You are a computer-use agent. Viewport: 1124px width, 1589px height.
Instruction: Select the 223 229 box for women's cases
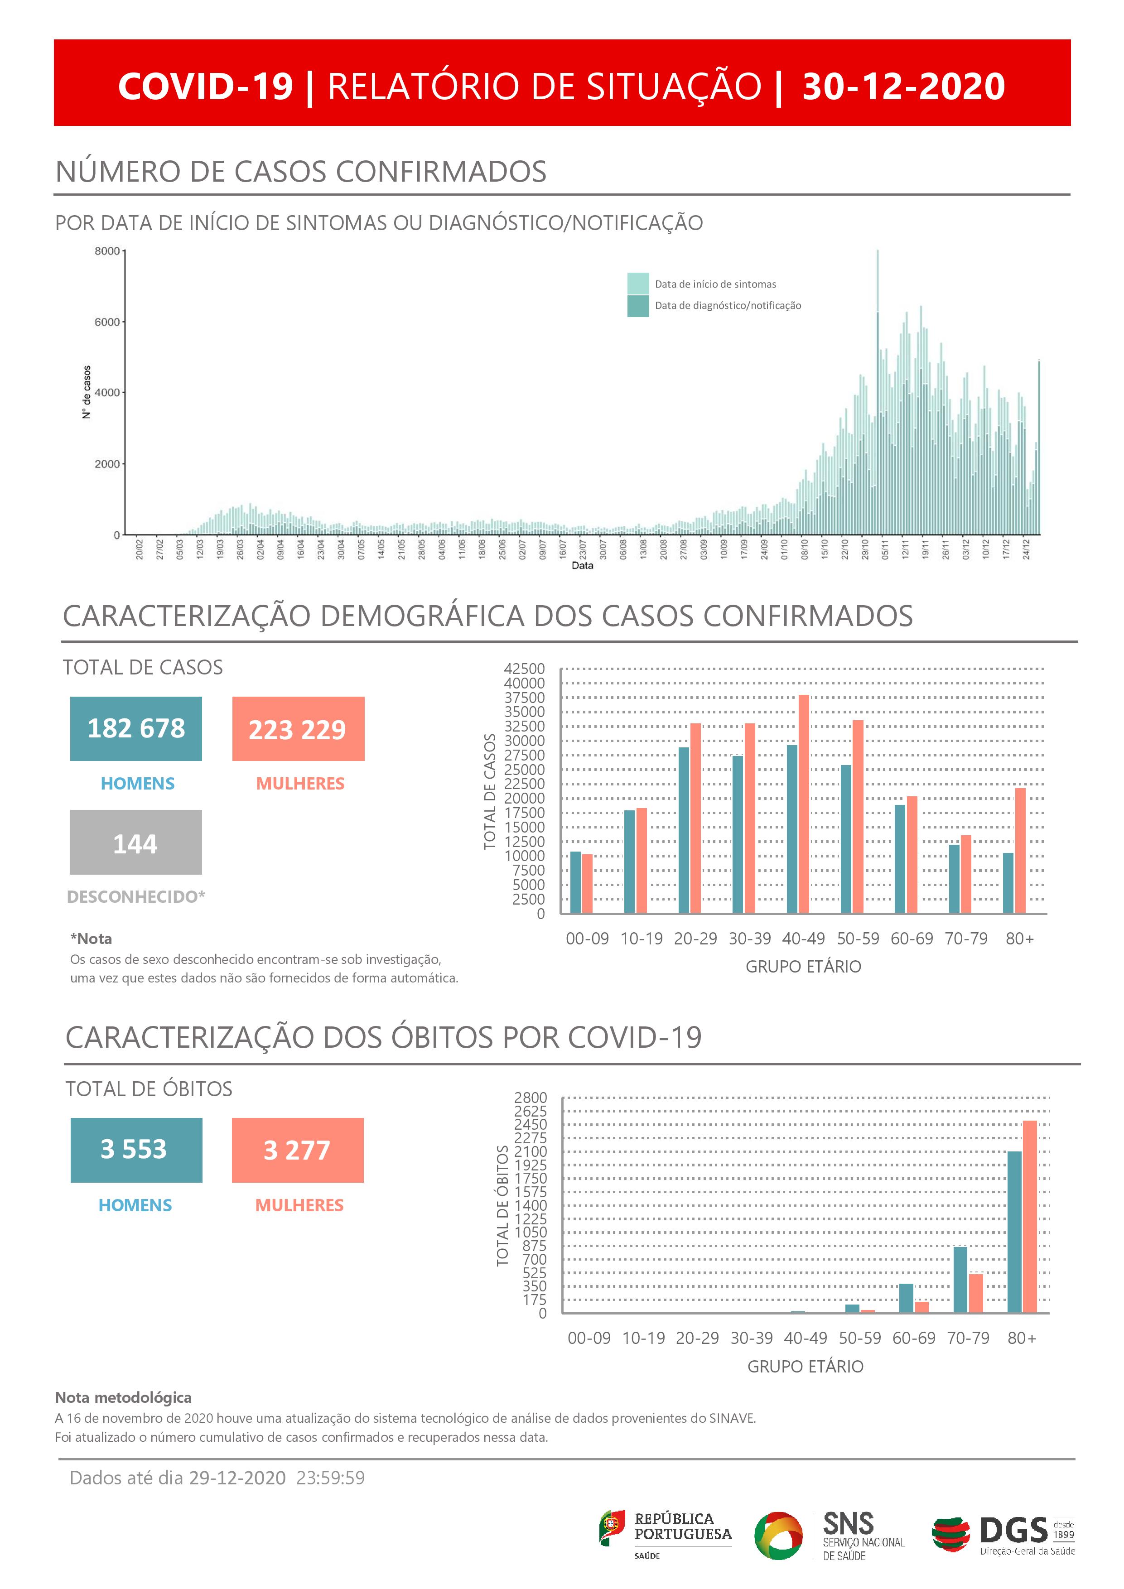click(x=298, y=729)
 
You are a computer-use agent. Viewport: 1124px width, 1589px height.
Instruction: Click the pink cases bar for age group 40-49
click(x=804, y=803)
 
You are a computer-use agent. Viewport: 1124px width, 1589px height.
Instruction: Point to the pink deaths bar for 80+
click(x=1030, y=1216)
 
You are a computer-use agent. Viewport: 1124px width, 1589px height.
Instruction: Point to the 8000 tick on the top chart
click(x=107, y=251)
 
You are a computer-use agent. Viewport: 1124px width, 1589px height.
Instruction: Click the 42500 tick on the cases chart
click(x=525, y=669)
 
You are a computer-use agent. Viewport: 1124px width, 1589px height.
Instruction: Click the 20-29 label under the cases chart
click(x=695, y=939)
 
